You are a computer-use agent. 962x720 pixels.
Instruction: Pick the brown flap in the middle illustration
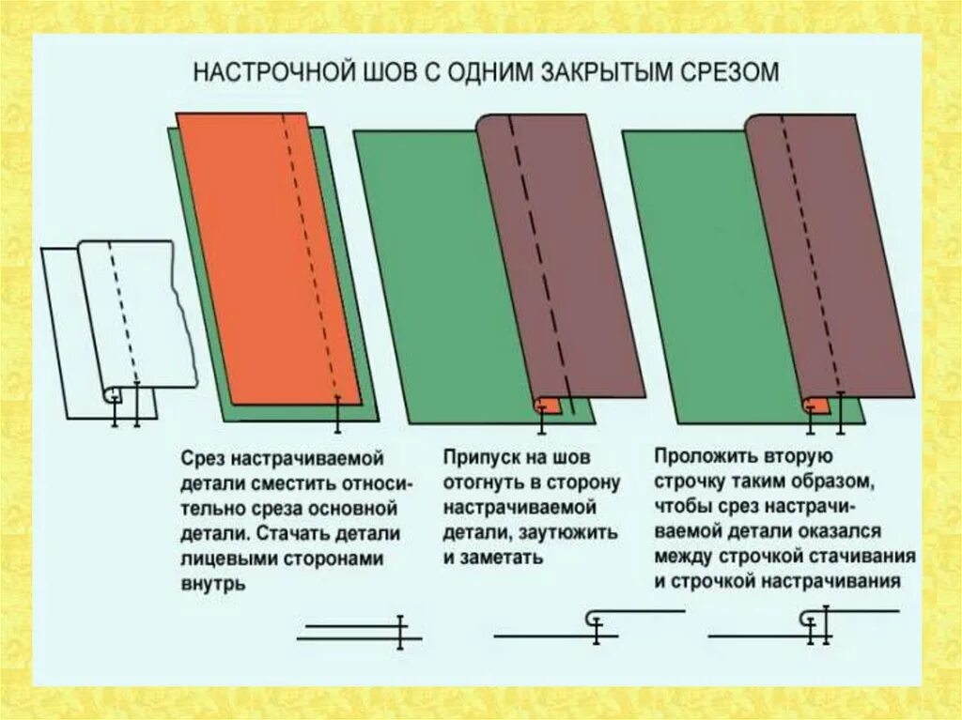pyautogui.click(x=559, y=253)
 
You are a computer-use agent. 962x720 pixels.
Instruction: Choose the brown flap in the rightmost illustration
pyautogui.click(x=827, y=253)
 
